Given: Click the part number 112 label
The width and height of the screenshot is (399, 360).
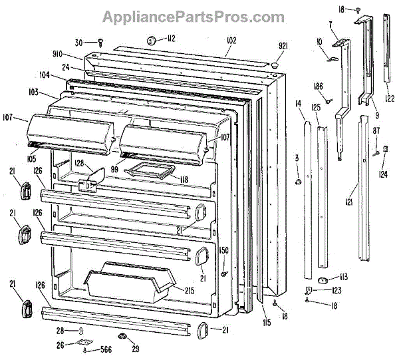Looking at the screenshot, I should point(171,39).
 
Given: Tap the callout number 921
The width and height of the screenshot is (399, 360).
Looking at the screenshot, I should point(283,46).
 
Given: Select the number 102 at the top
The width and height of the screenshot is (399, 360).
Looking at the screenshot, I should point(230,41).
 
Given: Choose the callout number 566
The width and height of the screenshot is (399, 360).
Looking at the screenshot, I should point(105,349).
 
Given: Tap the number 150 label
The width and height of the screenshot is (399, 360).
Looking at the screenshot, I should point(224,250).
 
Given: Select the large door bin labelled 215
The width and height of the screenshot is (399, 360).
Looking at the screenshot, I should point(126,283).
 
